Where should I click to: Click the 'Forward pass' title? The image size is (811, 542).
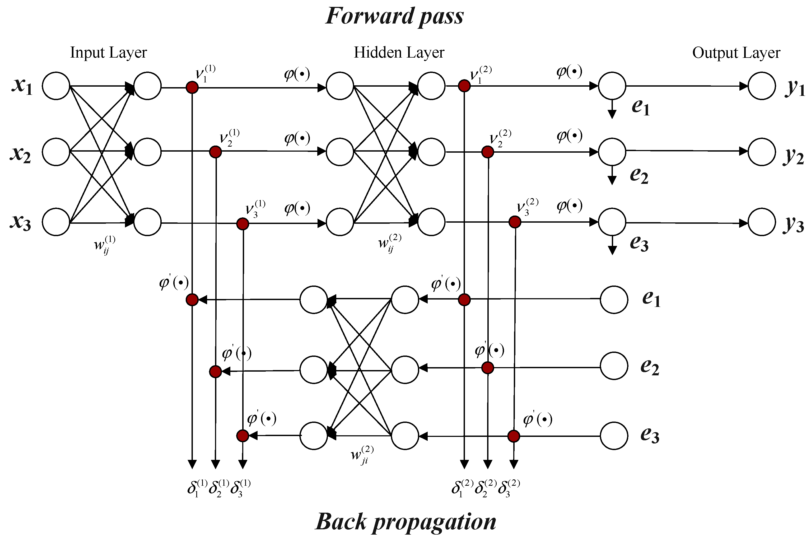tap(394, 17)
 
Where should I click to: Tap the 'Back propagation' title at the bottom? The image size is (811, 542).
tap(405, 522)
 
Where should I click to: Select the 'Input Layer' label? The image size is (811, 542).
tap(108, 53)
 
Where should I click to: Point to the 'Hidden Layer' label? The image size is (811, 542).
tap(399, 53)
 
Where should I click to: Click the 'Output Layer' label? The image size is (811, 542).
tap(736, 53)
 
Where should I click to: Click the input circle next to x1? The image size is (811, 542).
tap(56, 86)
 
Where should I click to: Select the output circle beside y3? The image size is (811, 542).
tap(762, 222)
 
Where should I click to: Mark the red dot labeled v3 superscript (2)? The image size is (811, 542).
tap(515, 222)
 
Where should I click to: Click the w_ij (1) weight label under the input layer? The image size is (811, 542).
tap(104, 245)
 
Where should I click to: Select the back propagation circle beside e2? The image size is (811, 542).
tap(614, 366)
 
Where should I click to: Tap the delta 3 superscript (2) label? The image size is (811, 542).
tap(509, 488)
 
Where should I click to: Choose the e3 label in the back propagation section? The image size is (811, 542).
tap(650, 434)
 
